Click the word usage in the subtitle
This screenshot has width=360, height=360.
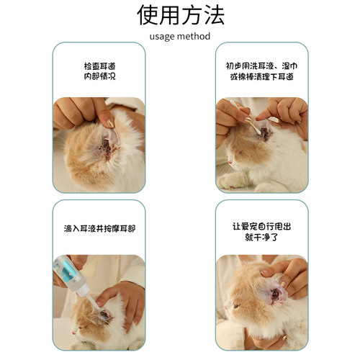point(163,36)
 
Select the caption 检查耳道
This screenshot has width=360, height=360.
point(99,66)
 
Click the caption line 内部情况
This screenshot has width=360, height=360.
point(99,76)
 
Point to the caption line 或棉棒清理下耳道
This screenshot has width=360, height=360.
point(261,76)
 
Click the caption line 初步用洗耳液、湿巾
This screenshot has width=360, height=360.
point(261,66)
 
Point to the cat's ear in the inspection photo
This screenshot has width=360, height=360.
point(106,143)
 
